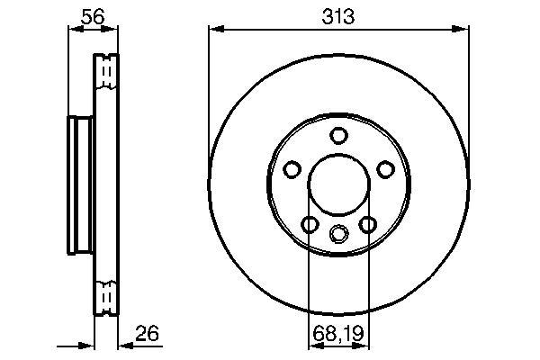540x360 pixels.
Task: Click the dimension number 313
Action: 338,16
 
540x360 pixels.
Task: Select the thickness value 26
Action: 148,333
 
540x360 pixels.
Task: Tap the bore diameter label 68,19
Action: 338,334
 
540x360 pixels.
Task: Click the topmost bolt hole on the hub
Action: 338,136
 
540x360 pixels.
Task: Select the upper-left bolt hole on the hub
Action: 292,169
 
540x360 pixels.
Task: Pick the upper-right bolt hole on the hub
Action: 385,169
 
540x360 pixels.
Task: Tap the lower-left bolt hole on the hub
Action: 310,224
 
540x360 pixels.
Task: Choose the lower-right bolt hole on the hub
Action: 367,224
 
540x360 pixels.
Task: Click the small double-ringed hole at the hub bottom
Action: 338,234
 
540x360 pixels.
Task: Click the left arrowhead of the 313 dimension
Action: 214,30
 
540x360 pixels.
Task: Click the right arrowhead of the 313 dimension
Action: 463,30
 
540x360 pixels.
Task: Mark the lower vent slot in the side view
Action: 106,294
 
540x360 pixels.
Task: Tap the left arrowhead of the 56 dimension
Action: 74,30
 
